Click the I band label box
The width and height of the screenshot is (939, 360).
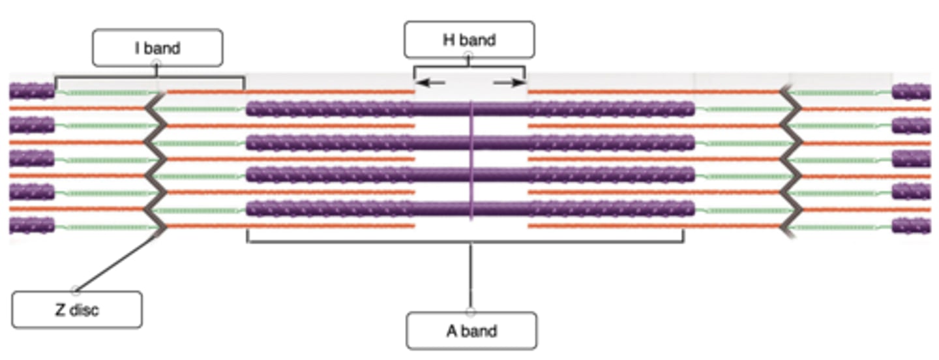click(x=157, y=48)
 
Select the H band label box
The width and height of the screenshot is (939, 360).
click(x=469, y=40)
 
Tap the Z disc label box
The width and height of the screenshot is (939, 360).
click(x=76, y=309)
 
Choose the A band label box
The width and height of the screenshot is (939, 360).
click(x=471, y=331)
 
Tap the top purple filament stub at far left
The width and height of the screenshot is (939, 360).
click(x=31, y=91)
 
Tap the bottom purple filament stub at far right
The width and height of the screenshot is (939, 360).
click(x=911, y=226)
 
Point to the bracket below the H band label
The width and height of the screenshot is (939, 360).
click(x=469, y=67)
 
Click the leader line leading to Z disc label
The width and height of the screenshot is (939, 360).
click(x=117, y=261)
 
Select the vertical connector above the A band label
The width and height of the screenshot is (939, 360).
click(x=471, y=277)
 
